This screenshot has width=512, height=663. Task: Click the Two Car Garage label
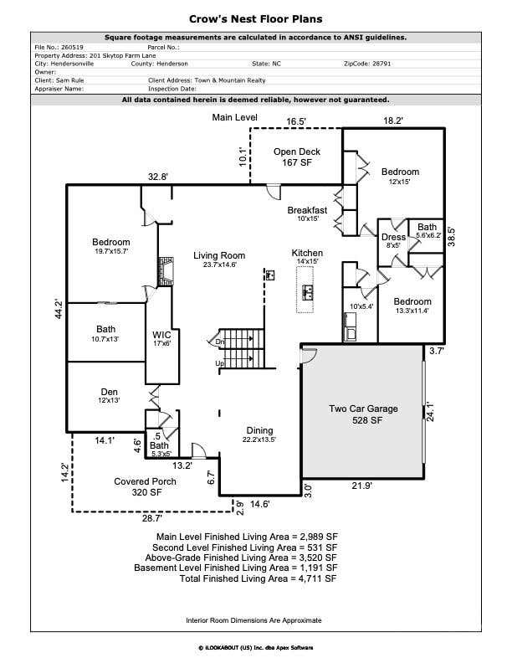coord(364,414)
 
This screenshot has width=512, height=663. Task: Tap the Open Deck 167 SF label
coord(297,157)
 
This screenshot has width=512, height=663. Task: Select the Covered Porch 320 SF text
coord(146,486)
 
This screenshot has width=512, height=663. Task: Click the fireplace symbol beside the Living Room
coord(166,271)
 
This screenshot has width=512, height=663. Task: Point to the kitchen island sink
coord(308,292)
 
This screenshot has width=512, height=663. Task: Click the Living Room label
coord(219,260)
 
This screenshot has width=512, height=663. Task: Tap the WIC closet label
coord(161,339)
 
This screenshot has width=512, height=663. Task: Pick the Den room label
coord(109,395)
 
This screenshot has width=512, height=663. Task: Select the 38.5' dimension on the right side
coord(451,237)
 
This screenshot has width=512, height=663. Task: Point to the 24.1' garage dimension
coord(431,411)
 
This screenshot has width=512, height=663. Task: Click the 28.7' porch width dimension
coord(151,518)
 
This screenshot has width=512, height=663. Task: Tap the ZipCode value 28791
coord(381,64)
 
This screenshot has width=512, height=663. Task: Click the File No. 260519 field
coord(59,48)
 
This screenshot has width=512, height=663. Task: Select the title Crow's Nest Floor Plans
coord(255,19)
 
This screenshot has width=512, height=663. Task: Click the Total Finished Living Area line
coord(259,578)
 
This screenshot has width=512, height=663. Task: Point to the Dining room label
coord(259,434)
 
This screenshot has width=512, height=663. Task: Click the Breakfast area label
coord(308,213)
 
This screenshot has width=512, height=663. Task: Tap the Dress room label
coord(393,240)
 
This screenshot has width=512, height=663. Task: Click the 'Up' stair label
coord(220,363)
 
